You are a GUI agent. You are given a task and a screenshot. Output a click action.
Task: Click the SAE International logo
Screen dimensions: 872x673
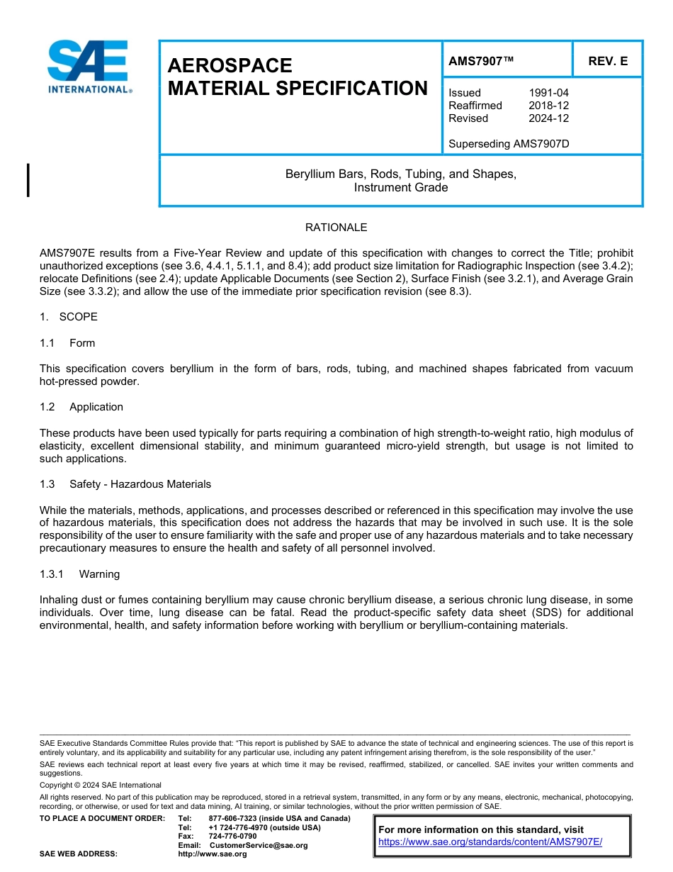coord(89,67)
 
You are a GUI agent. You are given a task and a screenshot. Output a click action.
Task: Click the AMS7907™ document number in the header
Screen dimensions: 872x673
coord(481,61)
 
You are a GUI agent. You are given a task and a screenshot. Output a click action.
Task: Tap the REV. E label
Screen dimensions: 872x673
coord(608,61)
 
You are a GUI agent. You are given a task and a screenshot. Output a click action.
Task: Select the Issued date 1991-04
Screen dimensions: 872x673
coord(548,93)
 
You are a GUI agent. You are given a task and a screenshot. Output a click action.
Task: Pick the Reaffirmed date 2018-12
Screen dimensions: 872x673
coord(548,106)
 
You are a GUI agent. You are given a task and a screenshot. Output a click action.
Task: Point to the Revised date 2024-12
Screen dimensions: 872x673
coord(548,118)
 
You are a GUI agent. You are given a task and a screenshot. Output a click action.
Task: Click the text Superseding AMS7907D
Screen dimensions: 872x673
coord(509,144)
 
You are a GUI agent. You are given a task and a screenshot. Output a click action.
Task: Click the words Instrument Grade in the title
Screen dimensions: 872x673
coord(401,187)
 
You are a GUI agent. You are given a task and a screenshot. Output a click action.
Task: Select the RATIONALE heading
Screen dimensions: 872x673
coord(336,228)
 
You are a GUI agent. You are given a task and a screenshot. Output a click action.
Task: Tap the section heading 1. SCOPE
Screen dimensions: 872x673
coord(69,317)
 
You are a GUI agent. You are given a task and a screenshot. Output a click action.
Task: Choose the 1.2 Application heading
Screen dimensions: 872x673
coord(81,407)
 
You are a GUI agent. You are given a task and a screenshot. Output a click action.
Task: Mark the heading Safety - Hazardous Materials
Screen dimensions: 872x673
coord(140,484)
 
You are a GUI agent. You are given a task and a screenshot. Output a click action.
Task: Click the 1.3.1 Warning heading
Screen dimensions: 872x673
coord(79,574)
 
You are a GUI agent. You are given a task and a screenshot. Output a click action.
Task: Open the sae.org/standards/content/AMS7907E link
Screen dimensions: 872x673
coord(490,842)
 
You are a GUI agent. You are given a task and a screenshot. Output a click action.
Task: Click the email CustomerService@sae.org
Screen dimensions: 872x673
coord(259,845)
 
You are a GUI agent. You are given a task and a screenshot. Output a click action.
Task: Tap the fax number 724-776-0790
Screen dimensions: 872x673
coord(233,837)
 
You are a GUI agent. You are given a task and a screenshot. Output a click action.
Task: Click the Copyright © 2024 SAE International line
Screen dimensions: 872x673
coord(101,786)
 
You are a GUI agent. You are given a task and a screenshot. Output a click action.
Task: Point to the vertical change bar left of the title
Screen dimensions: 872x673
coord(28,179)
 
